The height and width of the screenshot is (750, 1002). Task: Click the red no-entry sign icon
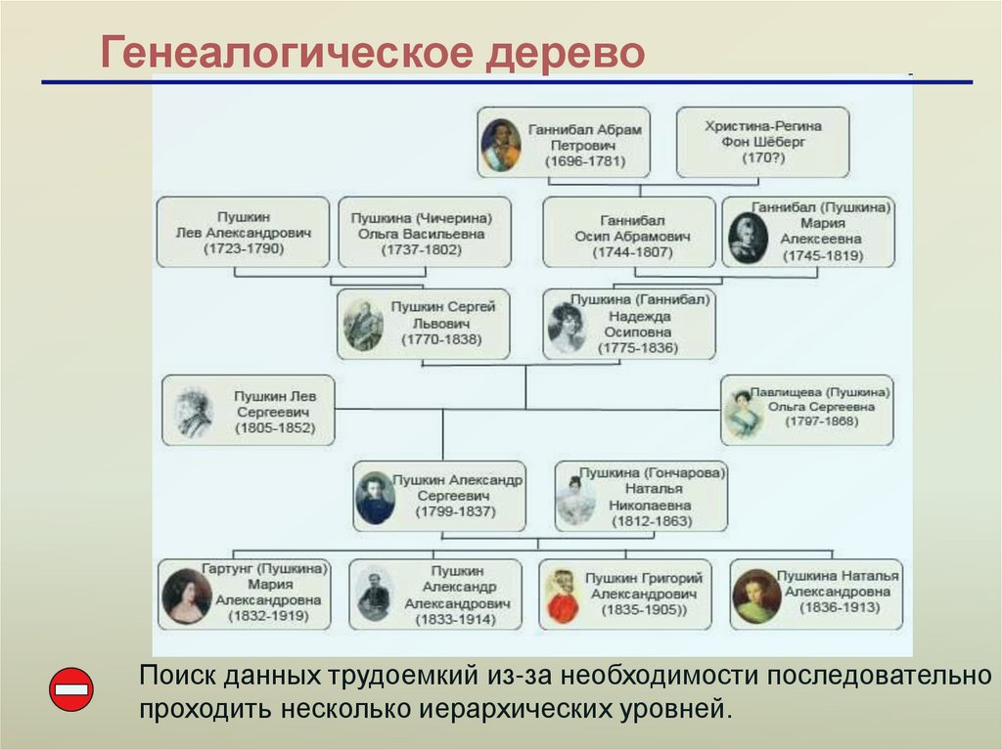(x=70, y=689)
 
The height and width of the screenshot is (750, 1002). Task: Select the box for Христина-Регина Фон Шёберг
(x=762, y=143)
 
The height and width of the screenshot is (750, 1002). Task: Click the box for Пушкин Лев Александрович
(x=243, y=233)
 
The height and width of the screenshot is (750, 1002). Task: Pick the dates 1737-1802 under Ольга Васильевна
(x=425, y=250)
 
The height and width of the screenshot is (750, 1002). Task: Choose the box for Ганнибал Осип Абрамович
(x=628, y=233)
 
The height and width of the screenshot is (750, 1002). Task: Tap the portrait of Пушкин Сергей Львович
(x=364, y=325)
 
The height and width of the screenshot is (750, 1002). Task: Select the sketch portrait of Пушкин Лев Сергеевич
(x=194, y=412)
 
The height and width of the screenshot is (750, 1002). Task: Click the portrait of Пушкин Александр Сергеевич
(x=375, y=498)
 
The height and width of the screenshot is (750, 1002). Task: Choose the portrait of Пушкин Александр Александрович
(x=374, y=596)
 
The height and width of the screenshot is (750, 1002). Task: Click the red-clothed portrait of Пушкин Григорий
(x=562, y=596)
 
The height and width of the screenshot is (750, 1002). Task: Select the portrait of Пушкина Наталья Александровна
(x=756, y=596)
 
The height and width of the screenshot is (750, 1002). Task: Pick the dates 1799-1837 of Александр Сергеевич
(x=455, y=511)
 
